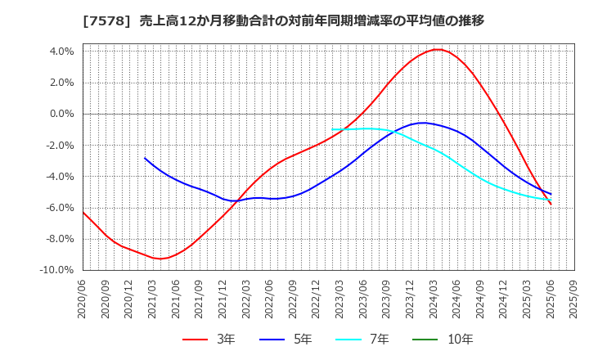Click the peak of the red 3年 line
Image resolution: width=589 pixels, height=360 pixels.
point(438,49)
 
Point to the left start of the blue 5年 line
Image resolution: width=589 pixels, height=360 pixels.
point(145,158)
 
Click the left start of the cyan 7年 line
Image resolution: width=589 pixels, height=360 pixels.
point(333,129)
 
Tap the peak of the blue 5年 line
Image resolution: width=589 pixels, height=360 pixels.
point(422,123)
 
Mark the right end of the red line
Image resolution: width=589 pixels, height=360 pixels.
point(551,204)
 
